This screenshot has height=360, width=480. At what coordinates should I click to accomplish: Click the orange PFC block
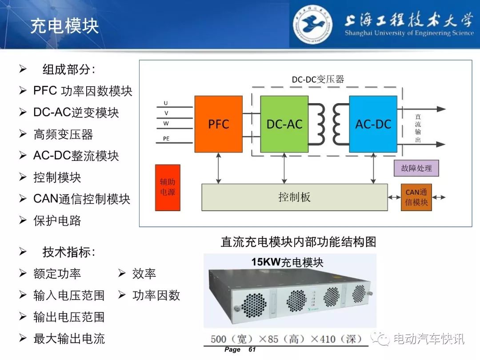tap(219, 124)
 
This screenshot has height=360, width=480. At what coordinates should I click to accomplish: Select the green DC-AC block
tap(284, 124)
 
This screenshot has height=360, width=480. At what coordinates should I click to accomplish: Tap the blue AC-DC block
tap(373, 124)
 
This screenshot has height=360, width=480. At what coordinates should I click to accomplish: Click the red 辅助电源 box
tap(168, 188)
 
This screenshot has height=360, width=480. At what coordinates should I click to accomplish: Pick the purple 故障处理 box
tap(416, 168)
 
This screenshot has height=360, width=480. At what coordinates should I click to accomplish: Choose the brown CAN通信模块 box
tap(416, 197)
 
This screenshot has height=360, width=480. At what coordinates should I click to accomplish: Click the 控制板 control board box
tap(295, 197)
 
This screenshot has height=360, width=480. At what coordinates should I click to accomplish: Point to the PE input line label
tap(166, 139)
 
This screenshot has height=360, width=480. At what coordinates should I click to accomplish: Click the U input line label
tap(166, 103)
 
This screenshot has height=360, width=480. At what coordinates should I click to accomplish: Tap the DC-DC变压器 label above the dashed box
tap(318, 80)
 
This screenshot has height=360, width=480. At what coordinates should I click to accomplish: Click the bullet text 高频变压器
tap(64, 134)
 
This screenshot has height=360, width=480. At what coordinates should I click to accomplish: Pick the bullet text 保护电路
tap(57, 221)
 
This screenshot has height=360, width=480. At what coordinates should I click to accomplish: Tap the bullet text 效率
tap(144, 274)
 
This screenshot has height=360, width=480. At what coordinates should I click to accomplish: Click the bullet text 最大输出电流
tap(69, 339)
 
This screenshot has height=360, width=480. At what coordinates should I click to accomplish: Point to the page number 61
tap(252, 350)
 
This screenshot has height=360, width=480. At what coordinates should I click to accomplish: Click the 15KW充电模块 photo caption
tap(288, 262)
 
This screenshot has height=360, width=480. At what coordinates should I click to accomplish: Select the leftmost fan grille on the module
tap(253, 305)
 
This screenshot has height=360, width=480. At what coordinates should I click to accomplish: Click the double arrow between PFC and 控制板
tap(218, 168)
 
